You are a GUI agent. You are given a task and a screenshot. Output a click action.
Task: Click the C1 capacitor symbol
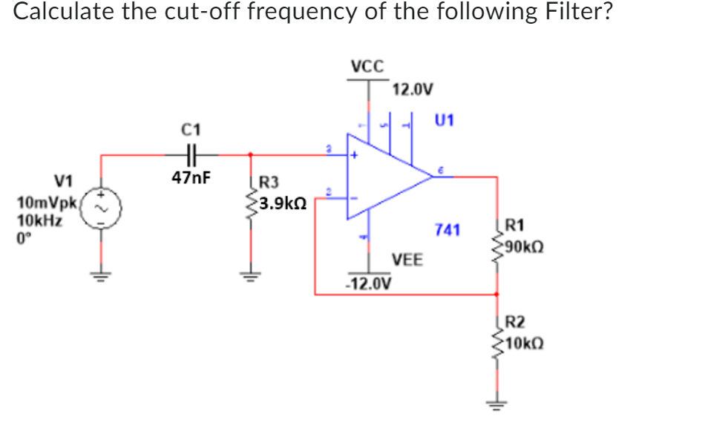coord(190,155)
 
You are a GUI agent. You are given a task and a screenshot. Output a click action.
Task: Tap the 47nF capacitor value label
coord(190,178)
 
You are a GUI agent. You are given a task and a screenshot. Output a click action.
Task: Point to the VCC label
coord(366,65)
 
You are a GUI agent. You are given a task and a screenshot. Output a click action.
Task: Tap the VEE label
coord(407,260)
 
